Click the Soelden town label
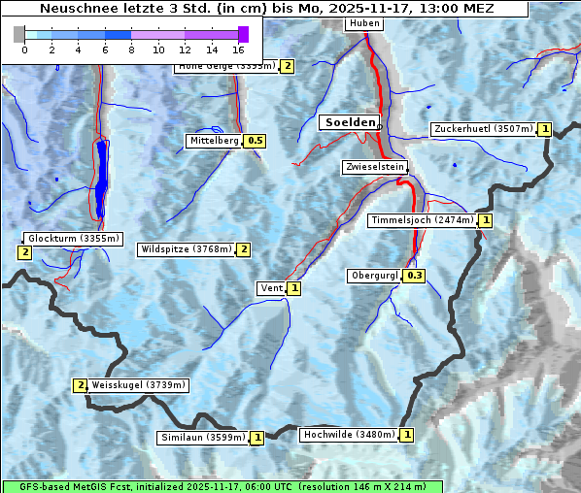point(348,122)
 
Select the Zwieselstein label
point(373,167)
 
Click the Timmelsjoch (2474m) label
point(423,220)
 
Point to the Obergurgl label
point(374,276)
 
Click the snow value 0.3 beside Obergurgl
point(415,277)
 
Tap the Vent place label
point(271,288)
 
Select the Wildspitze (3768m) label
point(187,249)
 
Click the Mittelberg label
point(214,141)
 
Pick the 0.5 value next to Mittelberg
point(255,141)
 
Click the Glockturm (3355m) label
point(73,238)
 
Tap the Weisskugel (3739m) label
point(137,385)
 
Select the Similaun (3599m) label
point(202,438)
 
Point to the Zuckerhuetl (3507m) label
point(484,128)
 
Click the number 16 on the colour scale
point(239,49)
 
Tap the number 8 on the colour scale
point(131,49)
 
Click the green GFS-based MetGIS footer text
point(222,486)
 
